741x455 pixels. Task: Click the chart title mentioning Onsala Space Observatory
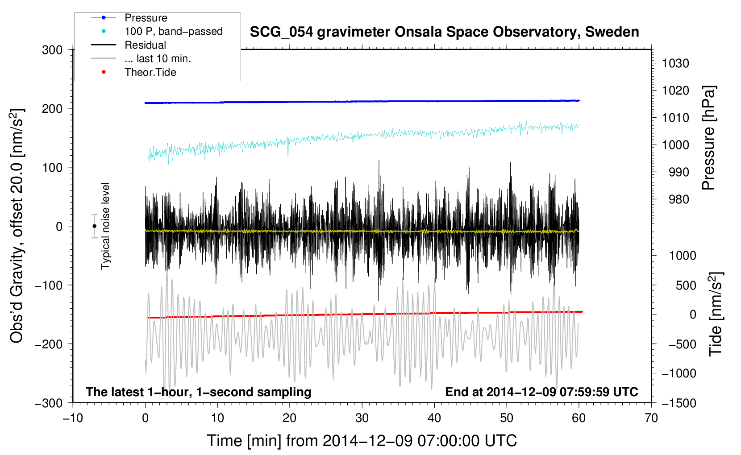click(x=444, y=32)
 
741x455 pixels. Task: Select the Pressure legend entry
click(x=129, y=17)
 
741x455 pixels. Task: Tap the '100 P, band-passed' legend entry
click(x=157, y=31)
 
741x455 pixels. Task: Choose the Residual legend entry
click(x=129, y=45)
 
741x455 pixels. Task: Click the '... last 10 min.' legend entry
click(x=141, y=58)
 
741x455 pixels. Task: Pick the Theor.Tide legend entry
click(x=133, y=72)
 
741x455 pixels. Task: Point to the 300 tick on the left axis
click(x=52, y=50)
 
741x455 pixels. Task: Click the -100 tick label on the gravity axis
click(x=49, y=285)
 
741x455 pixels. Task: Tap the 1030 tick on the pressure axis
click(x=675, y=63)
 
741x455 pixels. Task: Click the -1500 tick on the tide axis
click(x=679, y=403)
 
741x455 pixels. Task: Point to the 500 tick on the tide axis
click(x=686, y=285)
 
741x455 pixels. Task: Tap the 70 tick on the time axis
click(x=651, y=418)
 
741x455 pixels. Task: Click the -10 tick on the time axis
click(x=73, y=418)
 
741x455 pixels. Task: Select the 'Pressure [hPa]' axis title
click(x=708, y=138)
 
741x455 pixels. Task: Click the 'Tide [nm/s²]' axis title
click(x=716, y=314)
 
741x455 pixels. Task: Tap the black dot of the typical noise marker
click(x=94, y=226)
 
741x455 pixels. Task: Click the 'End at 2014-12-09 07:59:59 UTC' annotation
click(x=541, y=392)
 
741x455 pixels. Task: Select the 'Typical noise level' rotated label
click(x=105, y=226)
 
